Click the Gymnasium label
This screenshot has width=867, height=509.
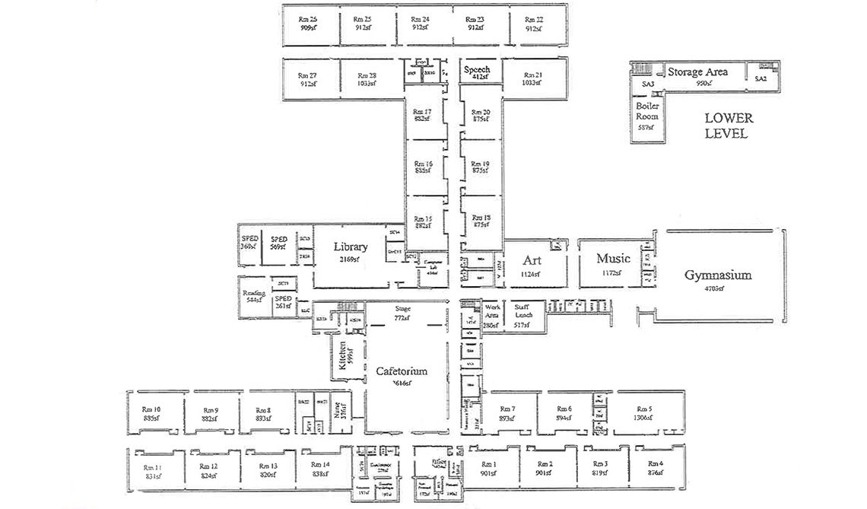(717, 275)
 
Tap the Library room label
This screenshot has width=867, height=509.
(351, 247)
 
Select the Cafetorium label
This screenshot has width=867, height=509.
(402, 371)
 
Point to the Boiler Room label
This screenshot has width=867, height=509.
(647, 112)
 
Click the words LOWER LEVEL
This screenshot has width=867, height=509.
(728, 126)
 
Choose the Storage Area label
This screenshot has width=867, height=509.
(697, 72)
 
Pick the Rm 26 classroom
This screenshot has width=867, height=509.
(308, 23)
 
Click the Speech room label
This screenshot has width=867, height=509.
(477, 70)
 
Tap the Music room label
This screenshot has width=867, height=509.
(613, 259)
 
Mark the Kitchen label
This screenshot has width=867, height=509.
(343, 355)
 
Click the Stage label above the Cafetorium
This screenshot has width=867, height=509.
(402, 310)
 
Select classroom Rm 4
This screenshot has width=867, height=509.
(656, 467)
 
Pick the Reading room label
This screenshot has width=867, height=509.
(252, 295)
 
